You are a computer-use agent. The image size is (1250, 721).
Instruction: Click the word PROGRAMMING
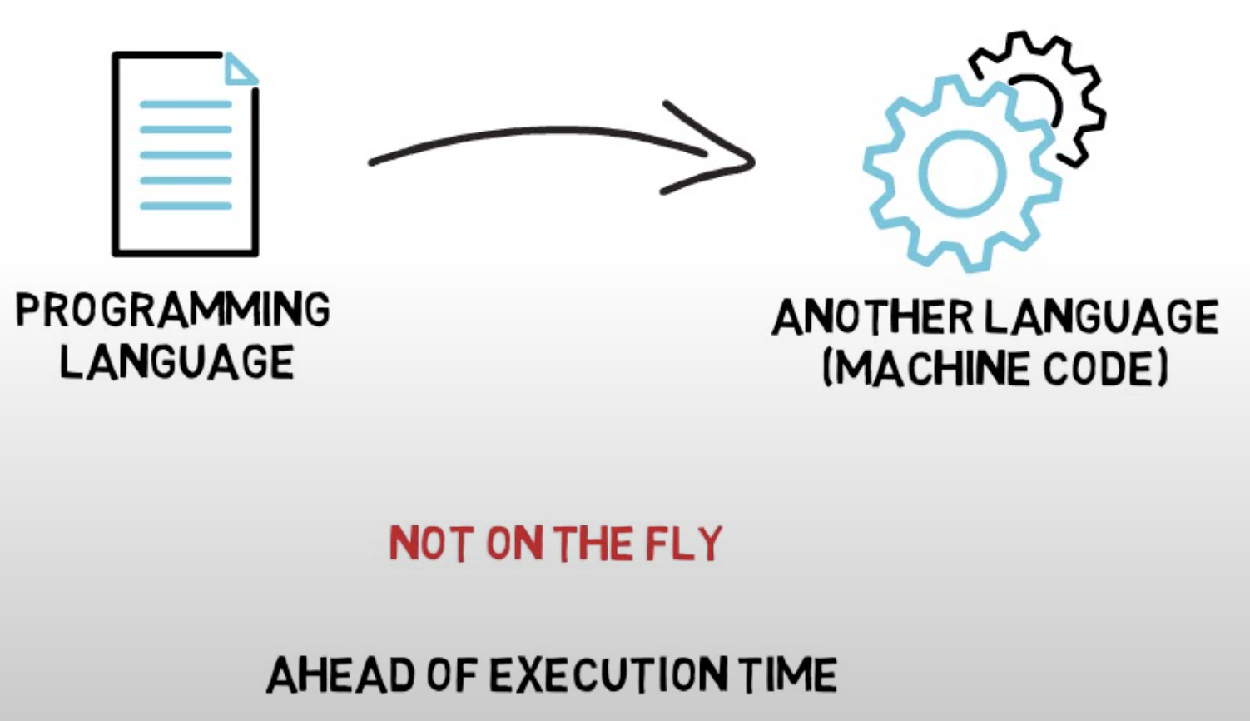click(173, 311)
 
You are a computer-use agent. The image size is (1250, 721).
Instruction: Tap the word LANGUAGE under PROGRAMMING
click(176, 363)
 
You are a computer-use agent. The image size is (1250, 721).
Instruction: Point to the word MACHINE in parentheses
click(930, 369)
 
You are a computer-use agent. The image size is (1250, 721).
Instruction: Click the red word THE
click(593, 544)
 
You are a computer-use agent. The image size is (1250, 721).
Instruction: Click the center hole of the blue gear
click(962, 173)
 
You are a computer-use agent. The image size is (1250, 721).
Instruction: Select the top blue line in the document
click(185, 105)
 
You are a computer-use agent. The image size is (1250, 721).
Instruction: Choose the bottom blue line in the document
click(185, 206)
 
